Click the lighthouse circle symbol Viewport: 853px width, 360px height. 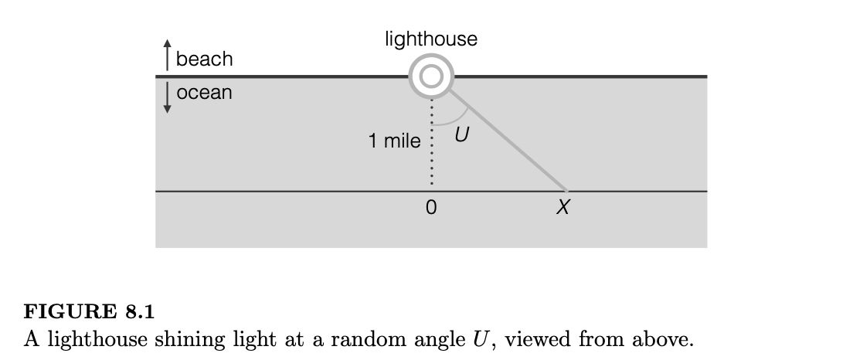[x=430, y=76]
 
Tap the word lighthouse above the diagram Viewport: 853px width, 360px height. [x=430, y=39]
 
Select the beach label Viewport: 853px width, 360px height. [x=204, y=59]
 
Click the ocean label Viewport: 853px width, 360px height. [x=204, y=93]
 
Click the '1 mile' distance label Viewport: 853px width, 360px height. [x=395, y=141]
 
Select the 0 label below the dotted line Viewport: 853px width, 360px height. [x=430, y=208]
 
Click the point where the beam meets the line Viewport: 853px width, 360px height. [x=567, y=191]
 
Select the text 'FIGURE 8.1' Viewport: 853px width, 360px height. [x=90, y=313]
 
